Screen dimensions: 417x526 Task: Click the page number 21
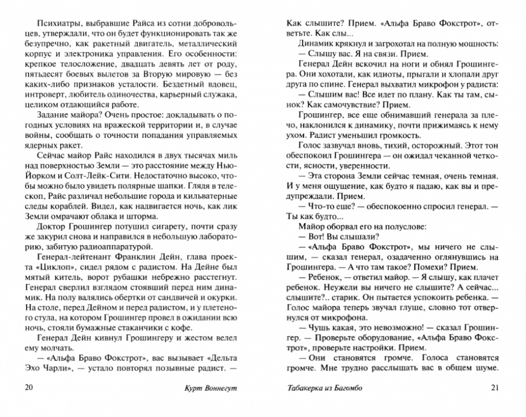click(x=493, y=387)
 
